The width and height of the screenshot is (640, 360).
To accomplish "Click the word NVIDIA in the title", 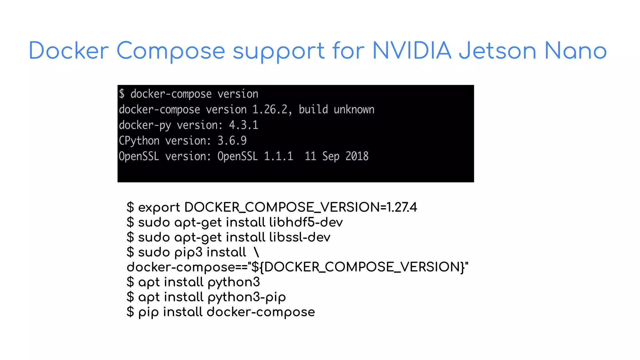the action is coord(412,51).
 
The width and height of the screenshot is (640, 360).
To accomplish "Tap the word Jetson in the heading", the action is coord(497,51).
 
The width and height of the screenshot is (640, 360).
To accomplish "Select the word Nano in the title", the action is coord(575,51).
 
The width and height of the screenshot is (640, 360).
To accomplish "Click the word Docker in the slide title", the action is coord(69,51).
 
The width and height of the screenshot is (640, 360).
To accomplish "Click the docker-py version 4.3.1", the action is coord(243,125).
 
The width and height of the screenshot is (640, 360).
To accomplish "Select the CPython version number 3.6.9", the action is coord(232,141).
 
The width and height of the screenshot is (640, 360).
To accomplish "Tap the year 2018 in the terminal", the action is coord(357,156).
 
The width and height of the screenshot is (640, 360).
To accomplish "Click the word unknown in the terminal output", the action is coord(354,110).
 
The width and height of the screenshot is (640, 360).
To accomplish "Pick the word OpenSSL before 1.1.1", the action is coord(237,156).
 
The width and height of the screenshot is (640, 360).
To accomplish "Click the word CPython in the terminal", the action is coord(139,141).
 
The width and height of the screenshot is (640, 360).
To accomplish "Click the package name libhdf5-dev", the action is coord(306,222).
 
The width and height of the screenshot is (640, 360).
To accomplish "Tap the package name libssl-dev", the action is coord(299,237).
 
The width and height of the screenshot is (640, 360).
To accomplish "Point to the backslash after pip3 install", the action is coord(257,252).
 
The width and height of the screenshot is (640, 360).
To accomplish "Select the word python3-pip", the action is coord(247,297).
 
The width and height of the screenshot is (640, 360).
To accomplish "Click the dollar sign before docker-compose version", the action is coord(122,94).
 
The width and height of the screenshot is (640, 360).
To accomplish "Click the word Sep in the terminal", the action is coord(331,156).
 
